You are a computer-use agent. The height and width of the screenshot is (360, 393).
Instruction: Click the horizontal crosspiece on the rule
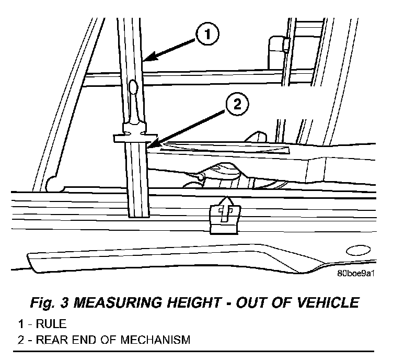(135, 138)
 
